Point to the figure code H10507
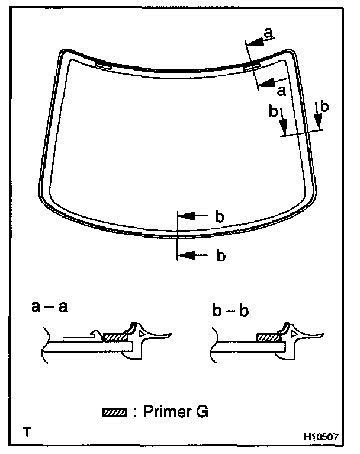pos(320,437)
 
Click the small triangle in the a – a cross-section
pos(140,335)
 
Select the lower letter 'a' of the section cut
pos(281,90)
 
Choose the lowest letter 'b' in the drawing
pos(220,255)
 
